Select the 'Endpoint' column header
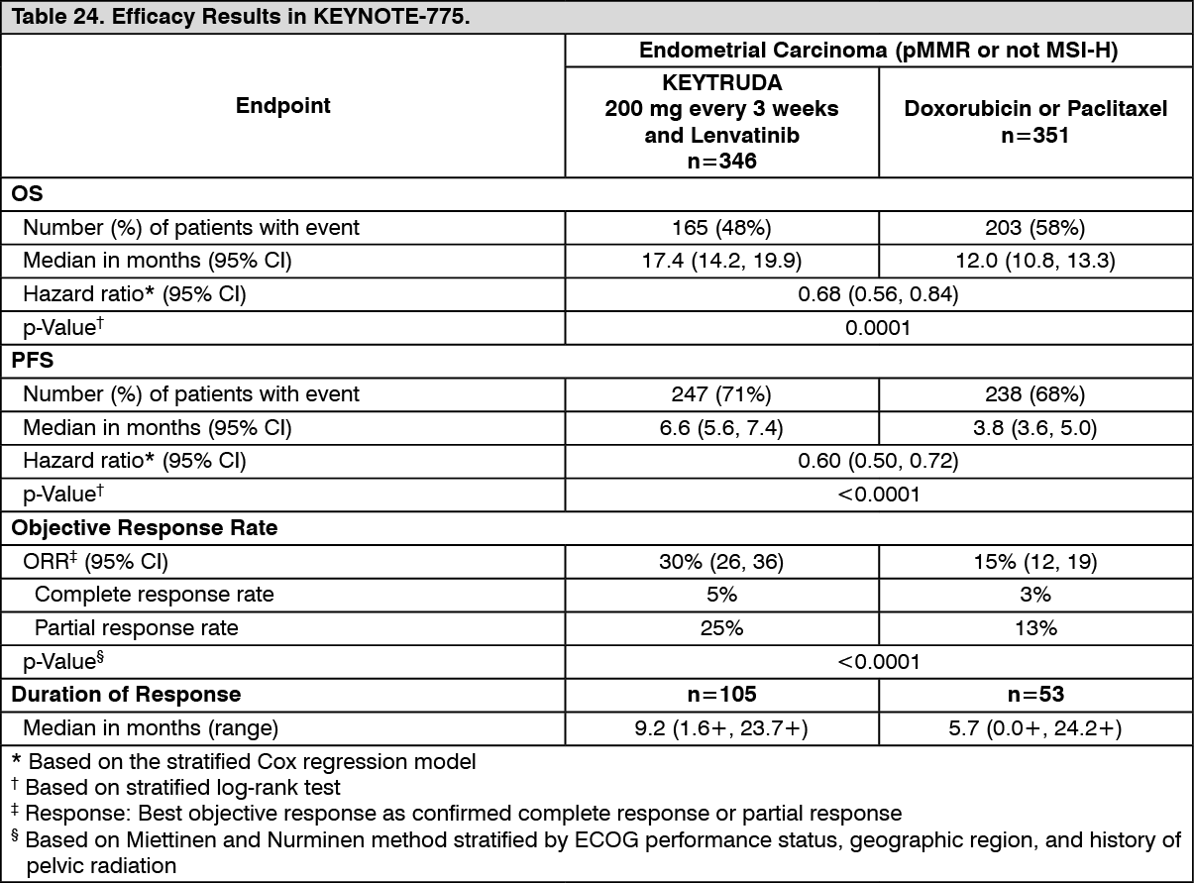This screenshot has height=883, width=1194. tap(283, 106)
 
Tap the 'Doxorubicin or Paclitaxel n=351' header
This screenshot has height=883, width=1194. tap(1035, 121)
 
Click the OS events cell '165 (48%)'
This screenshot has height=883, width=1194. tap(721, 228)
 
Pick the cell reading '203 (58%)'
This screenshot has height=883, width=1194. tap(1035, 228)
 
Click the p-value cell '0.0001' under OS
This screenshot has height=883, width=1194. tap(878, 329)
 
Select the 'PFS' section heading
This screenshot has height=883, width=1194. tap(32, 362)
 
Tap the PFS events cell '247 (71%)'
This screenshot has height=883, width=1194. tap(721, 394)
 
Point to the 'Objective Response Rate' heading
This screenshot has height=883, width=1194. tap(145, 528)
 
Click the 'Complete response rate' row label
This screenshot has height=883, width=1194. tap(155, 595)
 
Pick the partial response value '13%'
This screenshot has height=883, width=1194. tap(1035, 628)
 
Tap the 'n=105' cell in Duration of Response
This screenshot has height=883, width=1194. tap(721, 695)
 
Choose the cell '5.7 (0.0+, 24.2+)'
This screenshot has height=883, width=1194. tap(1035, 728)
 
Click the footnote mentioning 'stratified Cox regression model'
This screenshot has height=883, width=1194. tap(252, 763)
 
